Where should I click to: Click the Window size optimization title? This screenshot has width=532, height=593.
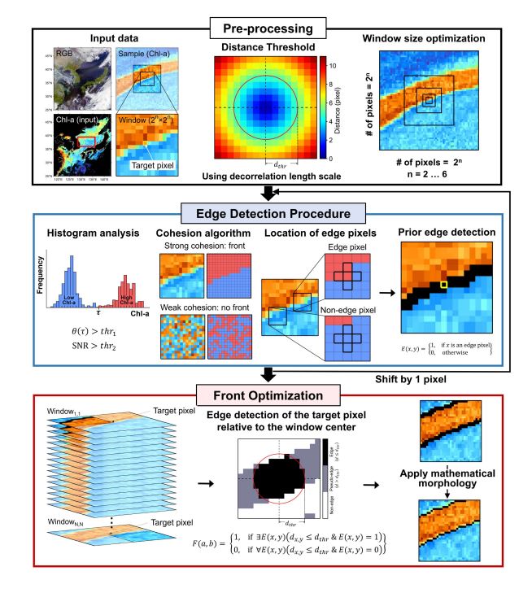pos(434,38)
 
